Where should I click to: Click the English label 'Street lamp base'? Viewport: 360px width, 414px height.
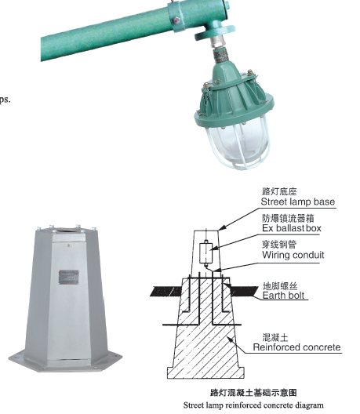(x=298, y=202)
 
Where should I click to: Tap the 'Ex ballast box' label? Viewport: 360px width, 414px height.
(x=292, y=228)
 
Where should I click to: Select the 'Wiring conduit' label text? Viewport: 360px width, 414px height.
(x=293, y=255)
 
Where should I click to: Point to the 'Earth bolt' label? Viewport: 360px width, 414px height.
(x=283, y=295)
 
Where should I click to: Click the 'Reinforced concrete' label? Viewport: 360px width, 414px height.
(x=297, y=347)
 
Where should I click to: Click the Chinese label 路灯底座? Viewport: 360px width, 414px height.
(x=279, y=191)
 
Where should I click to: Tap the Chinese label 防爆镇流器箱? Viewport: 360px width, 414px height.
(x=288, y=218)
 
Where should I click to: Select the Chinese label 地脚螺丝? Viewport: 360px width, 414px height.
(x=280, y=286)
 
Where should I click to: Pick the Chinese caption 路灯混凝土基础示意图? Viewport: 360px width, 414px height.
(x=253, y=393)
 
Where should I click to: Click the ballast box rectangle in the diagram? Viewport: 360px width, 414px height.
(x=205, y=252)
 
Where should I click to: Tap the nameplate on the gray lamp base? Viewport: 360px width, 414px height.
(x=69, y=277)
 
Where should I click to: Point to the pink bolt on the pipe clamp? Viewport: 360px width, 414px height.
(x=176, y=20)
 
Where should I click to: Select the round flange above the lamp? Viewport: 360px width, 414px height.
(x=214, y=32)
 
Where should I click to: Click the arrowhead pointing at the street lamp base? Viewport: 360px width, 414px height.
(x=222, y=227)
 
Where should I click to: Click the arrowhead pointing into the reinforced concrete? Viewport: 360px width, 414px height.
(x=229, y=340)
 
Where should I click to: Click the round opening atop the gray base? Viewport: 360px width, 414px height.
(x=67, y=230)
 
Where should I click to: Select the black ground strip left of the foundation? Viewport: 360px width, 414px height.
(x=165, y=291)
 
